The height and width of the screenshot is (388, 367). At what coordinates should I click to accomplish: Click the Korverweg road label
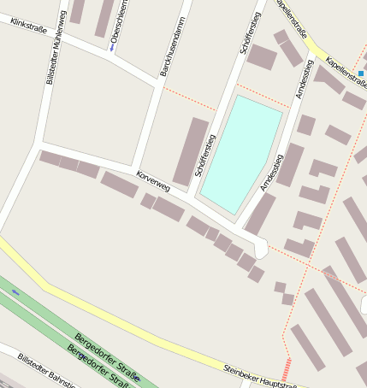click(x=154, y=180)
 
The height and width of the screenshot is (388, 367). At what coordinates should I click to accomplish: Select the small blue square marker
click(x=362, y=73)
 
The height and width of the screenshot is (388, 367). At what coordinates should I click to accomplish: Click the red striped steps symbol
click(x=287, y=369)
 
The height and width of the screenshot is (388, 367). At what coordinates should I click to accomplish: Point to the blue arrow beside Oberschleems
click(x=112, y=47)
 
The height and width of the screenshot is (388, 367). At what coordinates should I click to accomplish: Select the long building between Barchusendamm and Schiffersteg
click(x=191, y=151)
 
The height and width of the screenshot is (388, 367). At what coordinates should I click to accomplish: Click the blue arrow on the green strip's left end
click(x=15, y=292)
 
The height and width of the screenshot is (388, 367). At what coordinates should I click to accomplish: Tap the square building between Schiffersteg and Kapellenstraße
click(x=261, y=57)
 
